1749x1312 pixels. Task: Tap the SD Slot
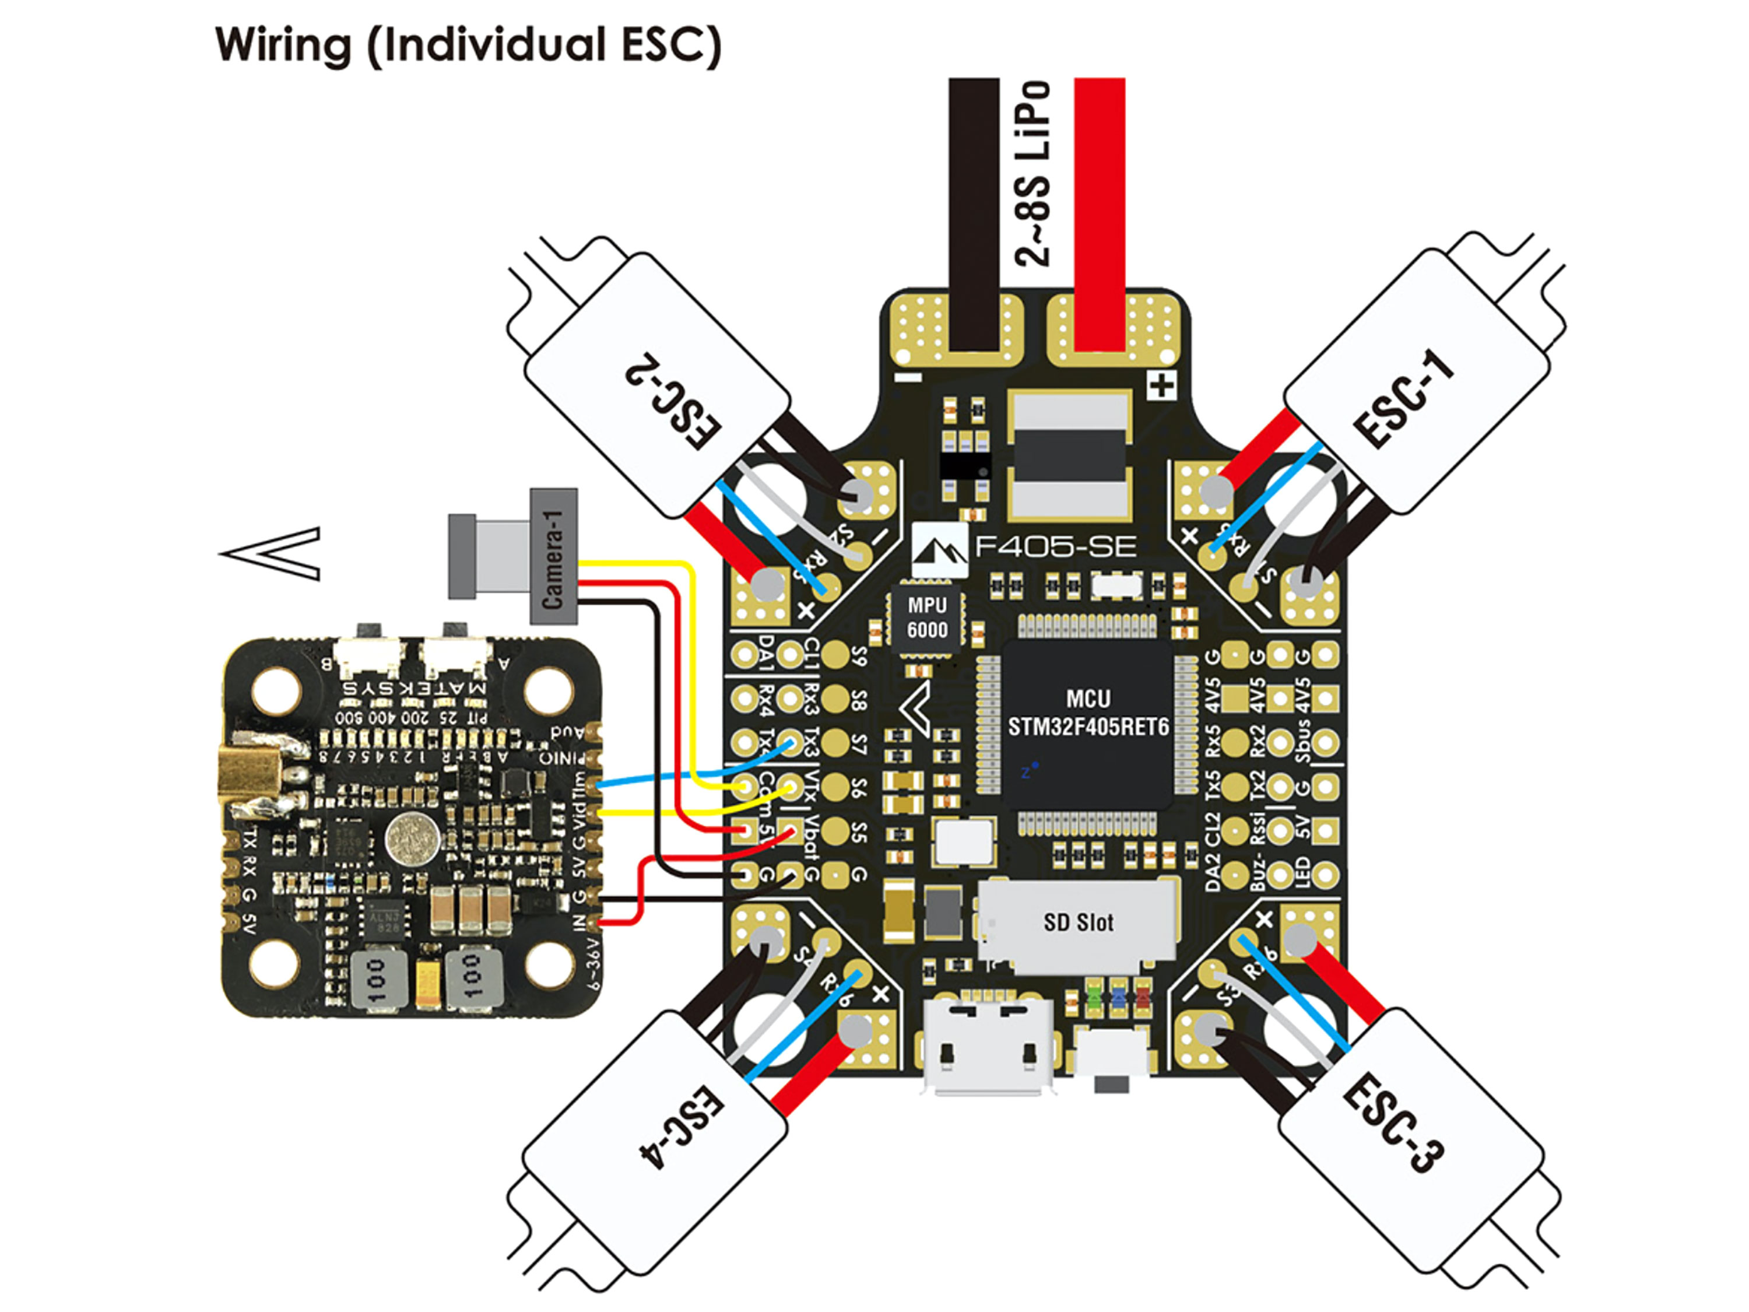[x=1079, y=922]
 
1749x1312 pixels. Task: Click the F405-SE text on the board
[x=1056, y=546]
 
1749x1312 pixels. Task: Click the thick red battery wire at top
[x=1099, y=213]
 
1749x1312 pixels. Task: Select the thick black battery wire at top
[x=974, y=213]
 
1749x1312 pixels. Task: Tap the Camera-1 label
[x=553, y=557]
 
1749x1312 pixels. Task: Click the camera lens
[x=462, y=556]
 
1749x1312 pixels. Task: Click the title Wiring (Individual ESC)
[x=468, y=45]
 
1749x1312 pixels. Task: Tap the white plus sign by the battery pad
[x=1161, y=386]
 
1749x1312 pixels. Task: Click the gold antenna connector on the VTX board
[x=247, y=779]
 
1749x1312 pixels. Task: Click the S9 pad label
[x=859, y=655]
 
